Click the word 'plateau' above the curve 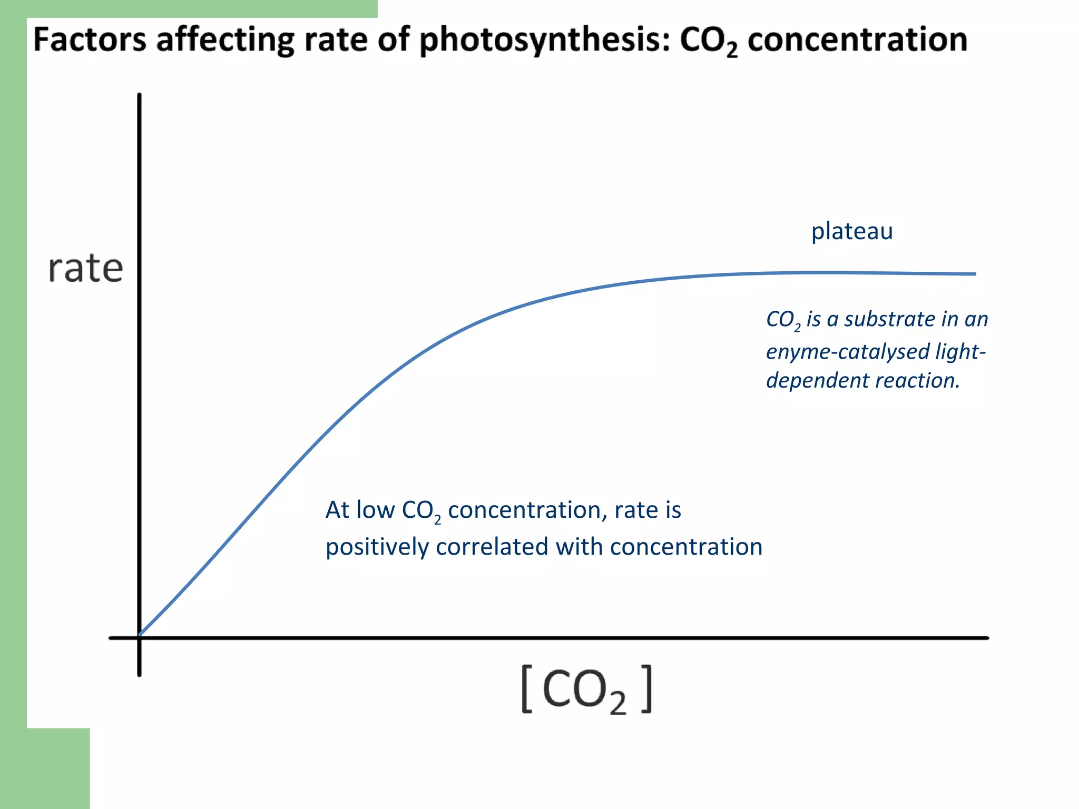(x=851, y=231)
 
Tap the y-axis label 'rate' (x=85, y=269)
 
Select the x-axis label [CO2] (x=586, y=689)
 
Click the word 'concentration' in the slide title (x=857, y=41)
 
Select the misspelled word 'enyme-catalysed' (x=847, y=351)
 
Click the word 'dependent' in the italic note (x=809, y=381)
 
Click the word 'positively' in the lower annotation (x=377, y=547)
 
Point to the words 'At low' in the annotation (x=360, y=510)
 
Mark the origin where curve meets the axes (x=139, y=637)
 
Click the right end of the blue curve (x=975, y=274)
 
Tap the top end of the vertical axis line (x=139, y=95)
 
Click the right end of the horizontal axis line (x=987, y=638)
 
